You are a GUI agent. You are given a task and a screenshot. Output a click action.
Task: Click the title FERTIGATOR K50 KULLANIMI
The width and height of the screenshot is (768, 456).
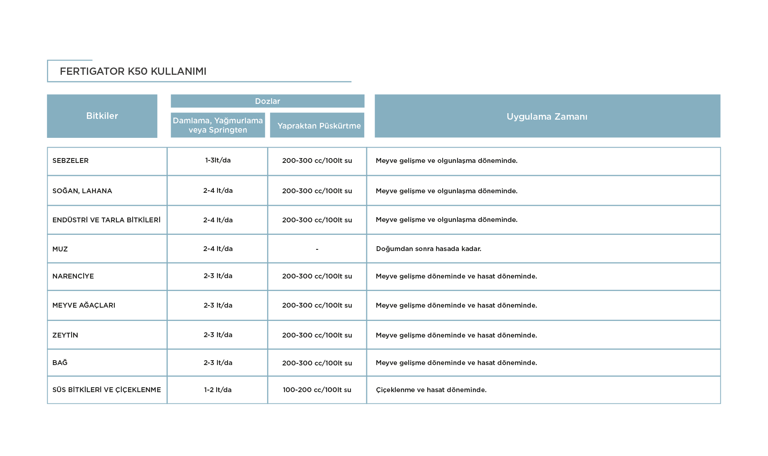pyautogui.click(x=133, y=72)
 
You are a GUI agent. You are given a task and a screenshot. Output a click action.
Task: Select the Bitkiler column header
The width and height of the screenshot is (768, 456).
pyautogui.click(x=102, y=116)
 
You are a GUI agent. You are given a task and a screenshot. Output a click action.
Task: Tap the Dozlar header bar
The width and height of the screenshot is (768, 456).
pyautogui.click(x=268, y=101)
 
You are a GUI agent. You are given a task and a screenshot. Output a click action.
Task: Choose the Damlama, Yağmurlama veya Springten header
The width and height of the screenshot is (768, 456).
pyautogui.click(x=218, y=125)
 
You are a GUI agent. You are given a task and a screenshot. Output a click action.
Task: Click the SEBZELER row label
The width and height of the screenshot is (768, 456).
pyautogui.click(x=70, y=160)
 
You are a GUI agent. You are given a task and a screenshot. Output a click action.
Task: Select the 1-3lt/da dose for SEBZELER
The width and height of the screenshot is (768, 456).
pyautogui.click(x=218, y=160)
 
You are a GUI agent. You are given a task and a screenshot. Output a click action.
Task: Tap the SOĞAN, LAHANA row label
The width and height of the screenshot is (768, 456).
pyautogui.click(x=82, y=191)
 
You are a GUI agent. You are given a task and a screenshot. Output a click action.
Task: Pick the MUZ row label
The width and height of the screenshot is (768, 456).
pyautogui.click(x=60, y=249)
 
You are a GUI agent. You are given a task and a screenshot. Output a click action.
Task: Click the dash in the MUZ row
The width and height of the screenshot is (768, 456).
pyautogui.click(x=317, y=249)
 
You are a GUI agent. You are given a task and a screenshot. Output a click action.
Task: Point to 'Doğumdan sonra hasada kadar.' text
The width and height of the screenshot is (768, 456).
pyautogui.click(x=428, y=249)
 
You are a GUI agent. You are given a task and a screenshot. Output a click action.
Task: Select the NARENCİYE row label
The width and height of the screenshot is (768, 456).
pyautogui.click(x=73, y=276)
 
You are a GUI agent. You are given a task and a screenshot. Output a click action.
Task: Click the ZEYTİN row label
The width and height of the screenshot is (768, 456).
pyautogui.click(x=65, y=335)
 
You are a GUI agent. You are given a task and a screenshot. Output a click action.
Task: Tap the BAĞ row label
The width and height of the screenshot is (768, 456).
pyautogui.click(x=60, y=363)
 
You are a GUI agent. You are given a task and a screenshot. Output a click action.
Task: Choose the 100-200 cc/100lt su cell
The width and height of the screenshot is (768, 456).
pyautogui.click(x=317, y=390)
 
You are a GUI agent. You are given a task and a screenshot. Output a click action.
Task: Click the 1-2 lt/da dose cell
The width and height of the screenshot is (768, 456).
pyautogui.click(x=218, y=390)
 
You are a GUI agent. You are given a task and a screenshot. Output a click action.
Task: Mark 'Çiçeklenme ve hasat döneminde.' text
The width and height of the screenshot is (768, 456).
pyautogui.click(x=431, y=390)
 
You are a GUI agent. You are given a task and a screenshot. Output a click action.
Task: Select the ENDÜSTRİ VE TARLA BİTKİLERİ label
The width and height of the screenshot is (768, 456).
pyautogui.click(x=106, y=220)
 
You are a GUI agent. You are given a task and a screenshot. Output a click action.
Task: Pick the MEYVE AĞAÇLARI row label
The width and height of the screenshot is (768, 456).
pyautogui.click(x=84, y=305)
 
